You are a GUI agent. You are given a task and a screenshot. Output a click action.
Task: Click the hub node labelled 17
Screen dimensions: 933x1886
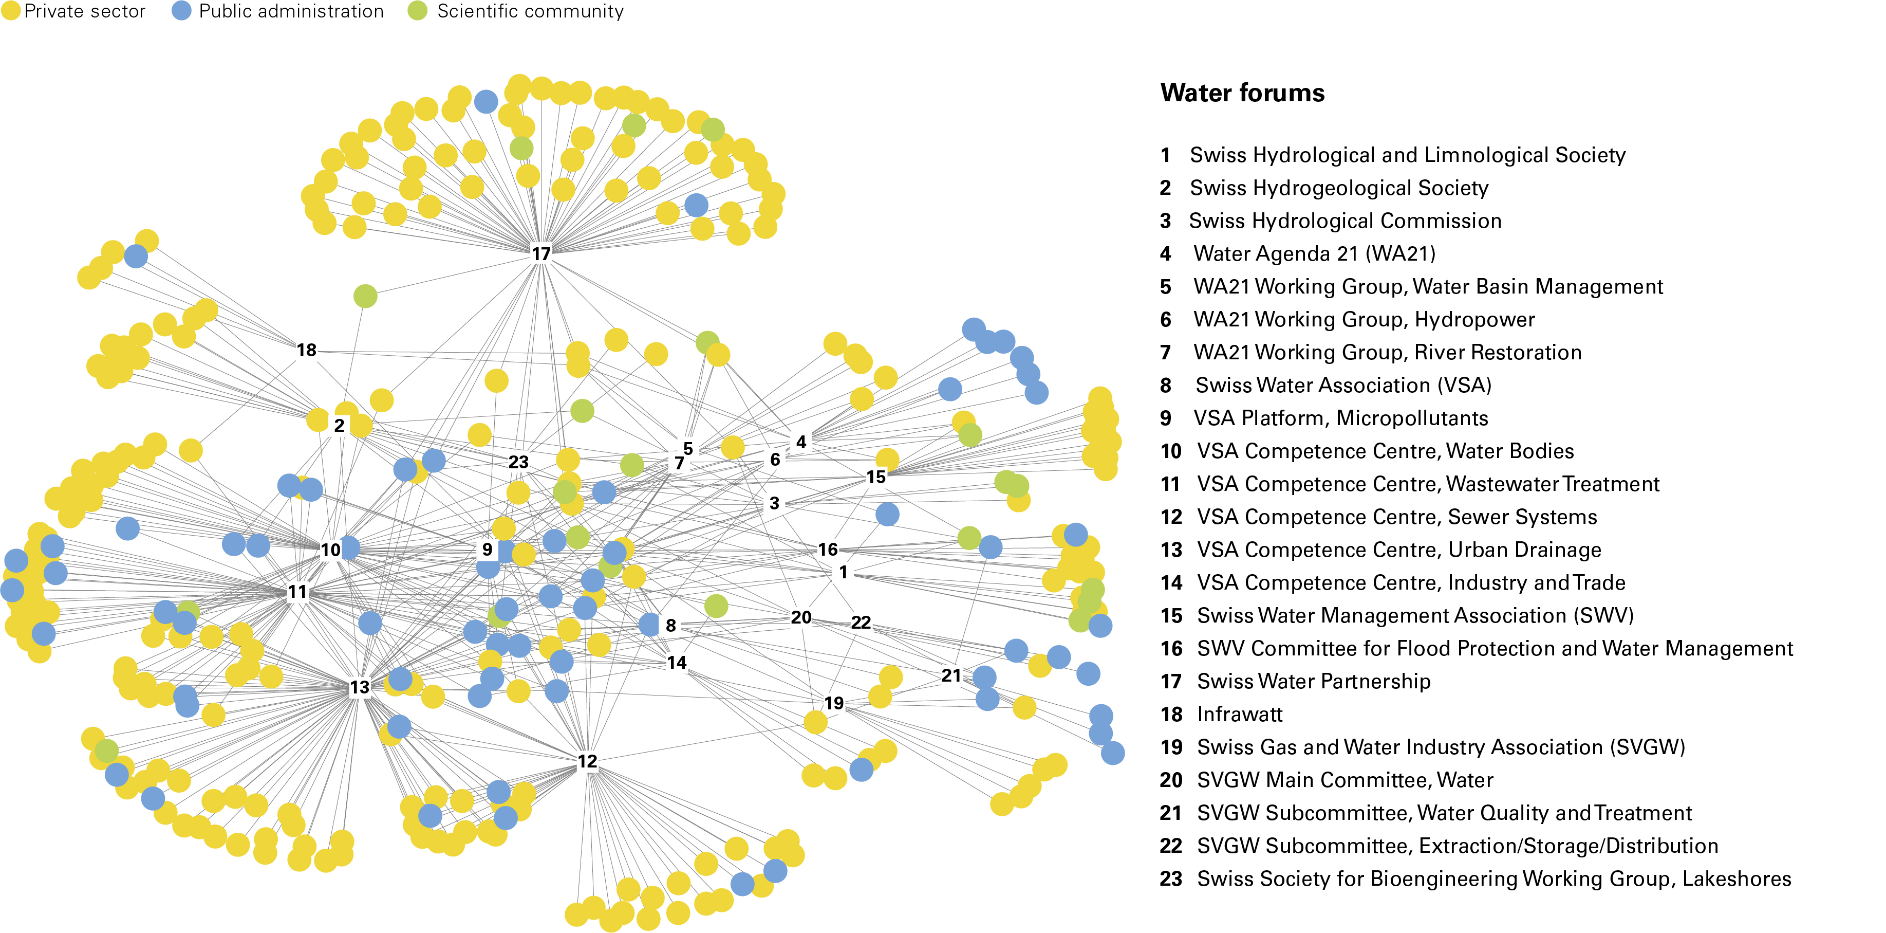(540, 253)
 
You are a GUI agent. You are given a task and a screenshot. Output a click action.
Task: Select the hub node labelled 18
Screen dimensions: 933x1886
(306, 350)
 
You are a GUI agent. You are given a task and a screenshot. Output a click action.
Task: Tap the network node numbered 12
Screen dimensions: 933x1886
(587, 762)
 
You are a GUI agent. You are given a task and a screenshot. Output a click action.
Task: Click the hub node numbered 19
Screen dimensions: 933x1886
(834, 703)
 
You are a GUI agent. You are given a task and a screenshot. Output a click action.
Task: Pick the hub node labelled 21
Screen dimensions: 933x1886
(951, 675)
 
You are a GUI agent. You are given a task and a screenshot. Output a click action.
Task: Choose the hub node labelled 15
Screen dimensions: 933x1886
(875, 477)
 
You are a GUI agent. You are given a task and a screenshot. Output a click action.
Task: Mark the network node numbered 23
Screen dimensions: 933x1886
(518, 462)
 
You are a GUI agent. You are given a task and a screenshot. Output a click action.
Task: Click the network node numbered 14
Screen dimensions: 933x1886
(677, 663)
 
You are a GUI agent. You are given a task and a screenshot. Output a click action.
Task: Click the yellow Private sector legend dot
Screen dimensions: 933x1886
(10, 11)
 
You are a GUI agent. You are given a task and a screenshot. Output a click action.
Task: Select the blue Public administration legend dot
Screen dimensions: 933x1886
(181, 11)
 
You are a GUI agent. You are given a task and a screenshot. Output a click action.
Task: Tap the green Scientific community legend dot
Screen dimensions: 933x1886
(417, 11)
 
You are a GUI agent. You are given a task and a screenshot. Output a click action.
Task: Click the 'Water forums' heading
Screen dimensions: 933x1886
(1242, 93)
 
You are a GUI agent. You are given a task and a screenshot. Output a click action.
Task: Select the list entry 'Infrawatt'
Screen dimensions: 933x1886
(1240, 714)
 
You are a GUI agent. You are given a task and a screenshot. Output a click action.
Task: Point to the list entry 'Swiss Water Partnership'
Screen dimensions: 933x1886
(1314, 681)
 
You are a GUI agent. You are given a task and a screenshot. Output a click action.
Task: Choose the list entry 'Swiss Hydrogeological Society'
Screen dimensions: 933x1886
(1338, 188)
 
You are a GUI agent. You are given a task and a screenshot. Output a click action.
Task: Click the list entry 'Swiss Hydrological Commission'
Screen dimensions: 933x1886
(1345, 221)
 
